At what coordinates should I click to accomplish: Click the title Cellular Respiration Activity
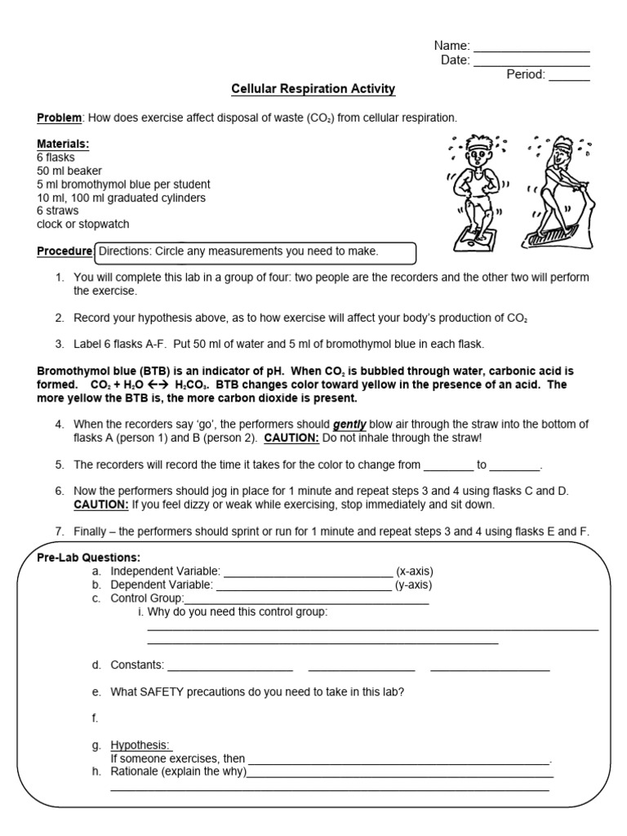(313, 89)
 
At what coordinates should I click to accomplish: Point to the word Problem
(59, 118)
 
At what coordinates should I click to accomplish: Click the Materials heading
(63, 144)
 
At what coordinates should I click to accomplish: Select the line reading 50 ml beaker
(69, 171)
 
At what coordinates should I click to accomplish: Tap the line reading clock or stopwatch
(82, 224)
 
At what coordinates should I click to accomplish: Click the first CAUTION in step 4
(291, 438)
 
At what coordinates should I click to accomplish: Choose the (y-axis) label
(414, 585)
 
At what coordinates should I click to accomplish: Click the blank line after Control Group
(307, 602)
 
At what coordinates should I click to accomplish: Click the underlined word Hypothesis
(141, 745)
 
